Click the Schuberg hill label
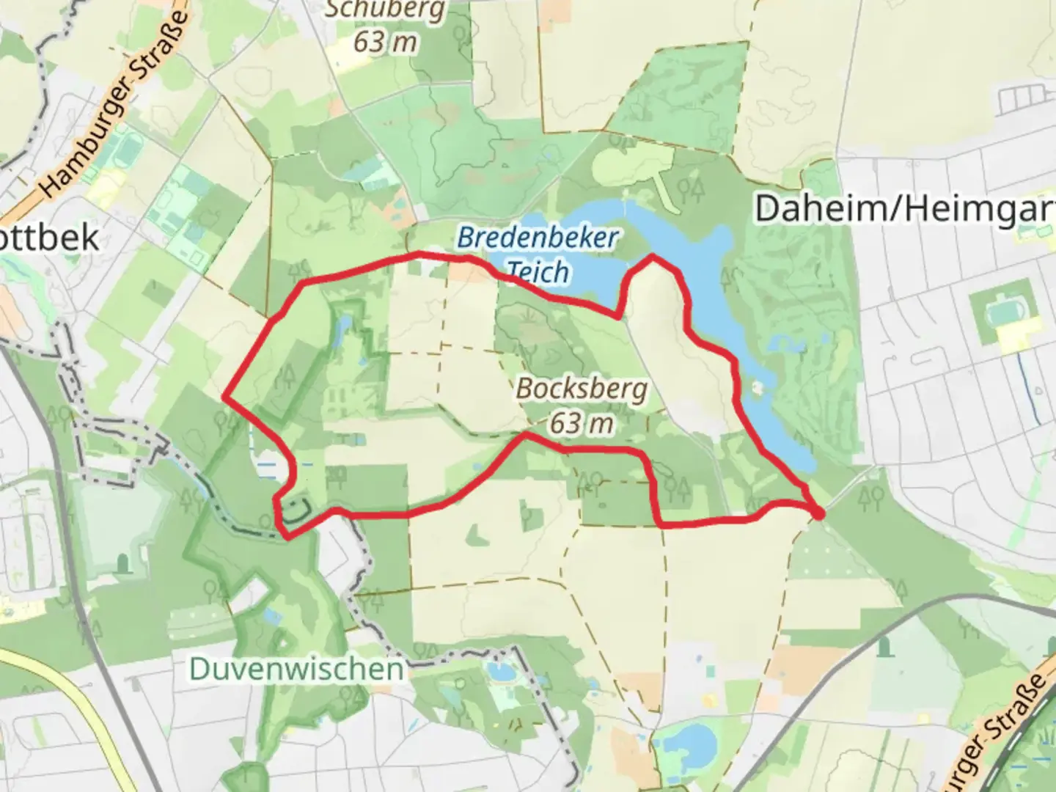(x=385, y=10)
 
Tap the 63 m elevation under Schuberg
(x=385, y=42)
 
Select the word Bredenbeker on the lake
(x=538, y=238)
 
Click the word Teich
(x=538, y=272)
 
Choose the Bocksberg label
(x=582, y=388)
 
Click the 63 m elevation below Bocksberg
(x=582, y=422)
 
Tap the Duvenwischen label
(x=296, y=669)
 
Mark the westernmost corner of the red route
(x=224, y=397)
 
